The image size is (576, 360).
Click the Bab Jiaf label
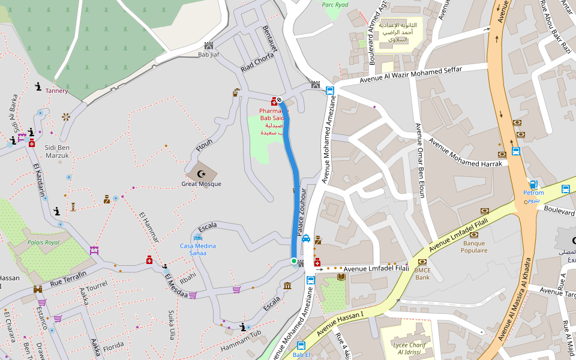208,55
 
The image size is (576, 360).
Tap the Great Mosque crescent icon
201,174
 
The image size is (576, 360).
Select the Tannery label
57,91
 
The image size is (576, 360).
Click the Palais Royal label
43,243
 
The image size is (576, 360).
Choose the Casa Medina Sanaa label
198,250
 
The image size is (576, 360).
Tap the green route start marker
294,261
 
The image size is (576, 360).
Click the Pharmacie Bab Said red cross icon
274,101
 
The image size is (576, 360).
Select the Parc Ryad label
335,4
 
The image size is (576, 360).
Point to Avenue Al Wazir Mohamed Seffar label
410,74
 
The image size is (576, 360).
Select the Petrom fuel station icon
533,184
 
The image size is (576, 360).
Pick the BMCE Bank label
422,274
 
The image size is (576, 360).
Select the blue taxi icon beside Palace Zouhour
306,238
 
